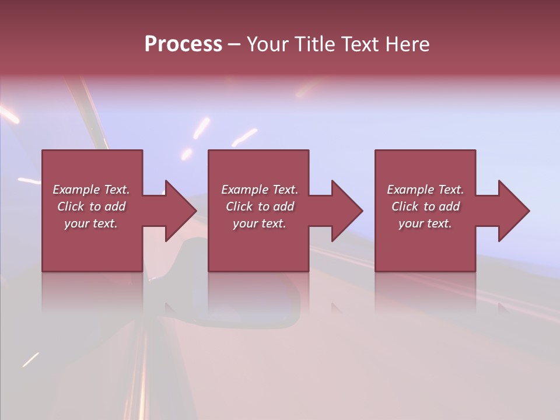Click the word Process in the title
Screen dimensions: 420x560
pyautogui.click(x=183, y=44)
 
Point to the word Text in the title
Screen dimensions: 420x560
pyautogui.click(x=360, y=44)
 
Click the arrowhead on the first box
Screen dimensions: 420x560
pyautogui.click(x=178, y=211)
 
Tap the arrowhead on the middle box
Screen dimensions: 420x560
pyautogui.click(x=344, y=211)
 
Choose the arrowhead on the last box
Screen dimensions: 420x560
pyautogui.click(x=511, y=211)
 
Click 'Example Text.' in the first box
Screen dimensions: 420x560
pyautogui.click(x=91, y=190)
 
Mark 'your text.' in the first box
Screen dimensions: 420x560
pyautogui.click(x=91, y=223)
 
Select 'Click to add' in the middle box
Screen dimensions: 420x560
pyautogui.click(x=260, y=206)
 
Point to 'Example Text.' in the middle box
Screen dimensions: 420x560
pyautogui.click(x=260, y=190)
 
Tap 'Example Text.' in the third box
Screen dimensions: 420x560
pyautogui.click(x=425, y=190)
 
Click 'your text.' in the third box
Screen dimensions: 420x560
pyautogui.click(x=425, y=223)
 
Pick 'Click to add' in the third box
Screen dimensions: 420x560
pyautogui.click(x=425, y=206)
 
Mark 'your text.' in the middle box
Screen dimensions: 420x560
pyautogui.click(x=260, y=223)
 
